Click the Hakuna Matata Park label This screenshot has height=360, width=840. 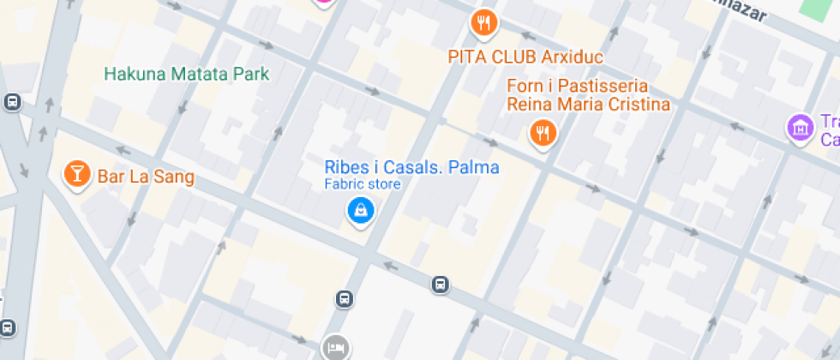[186, 74]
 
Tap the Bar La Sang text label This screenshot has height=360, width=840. [146, 177]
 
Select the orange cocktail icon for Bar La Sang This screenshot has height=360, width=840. [77, 174]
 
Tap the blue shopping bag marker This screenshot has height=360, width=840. [360, 209]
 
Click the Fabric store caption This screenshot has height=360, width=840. [363, 183]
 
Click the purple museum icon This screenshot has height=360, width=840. [800, 128]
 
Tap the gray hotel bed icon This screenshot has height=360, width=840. [334, 347]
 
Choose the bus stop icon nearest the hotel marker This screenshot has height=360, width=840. [343, 299]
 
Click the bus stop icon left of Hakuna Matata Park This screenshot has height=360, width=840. [12, 102]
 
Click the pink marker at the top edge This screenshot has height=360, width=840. [323, 3]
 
